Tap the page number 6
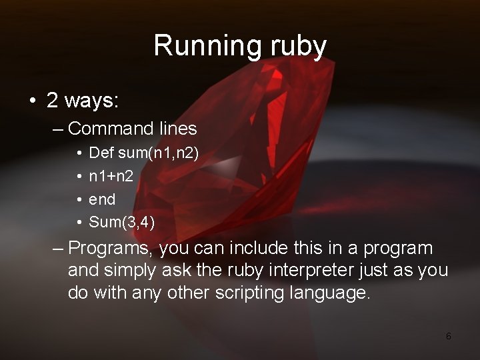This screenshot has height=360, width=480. point(448,336)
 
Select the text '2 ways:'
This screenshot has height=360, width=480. point(83,101)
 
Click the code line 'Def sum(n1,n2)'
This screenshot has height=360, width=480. point(143,153)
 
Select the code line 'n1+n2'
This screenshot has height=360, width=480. point(110,176)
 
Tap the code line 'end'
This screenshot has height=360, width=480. point(102,199)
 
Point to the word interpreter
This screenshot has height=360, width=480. point(303,271)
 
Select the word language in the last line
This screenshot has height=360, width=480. point(332,293)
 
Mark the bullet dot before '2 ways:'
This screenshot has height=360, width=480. point(31,101)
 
